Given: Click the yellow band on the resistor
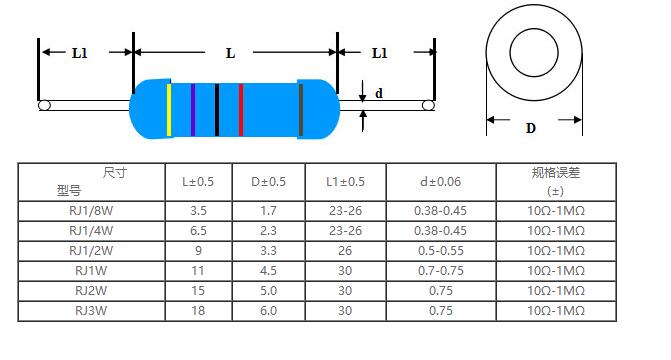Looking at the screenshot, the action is [169, 110].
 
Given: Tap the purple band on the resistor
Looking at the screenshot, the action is [193, 110].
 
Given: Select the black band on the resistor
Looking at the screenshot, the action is [217, 110].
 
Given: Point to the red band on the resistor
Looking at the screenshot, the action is [241, 110].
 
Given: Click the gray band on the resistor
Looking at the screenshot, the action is [301, 110].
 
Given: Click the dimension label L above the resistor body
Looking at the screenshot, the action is [230, 54].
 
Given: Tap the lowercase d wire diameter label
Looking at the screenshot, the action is [379, 93].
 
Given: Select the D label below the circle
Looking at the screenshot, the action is [531, 128].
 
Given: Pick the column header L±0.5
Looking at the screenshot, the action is [198, 182].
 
